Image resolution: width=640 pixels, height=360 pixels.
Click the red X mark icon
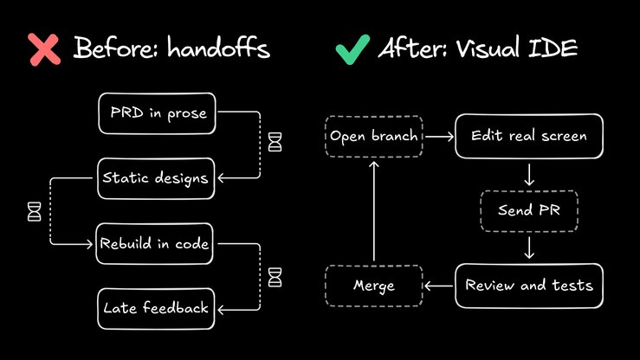44,49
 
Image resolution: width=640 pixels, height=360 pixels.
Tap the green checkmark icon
352,49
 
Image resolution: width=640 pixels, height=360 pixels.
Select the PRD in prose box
157,113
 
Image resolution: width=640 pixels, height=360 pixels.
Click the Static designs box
157,178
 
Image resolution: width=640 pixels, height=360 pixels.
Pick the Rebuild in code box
155,244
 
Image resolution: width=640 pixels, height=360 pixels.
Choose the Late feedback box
157,309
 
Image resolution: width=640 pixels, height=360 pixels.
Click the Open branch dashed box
374,136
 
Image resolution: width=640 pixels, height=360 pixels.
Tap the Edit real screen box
529,136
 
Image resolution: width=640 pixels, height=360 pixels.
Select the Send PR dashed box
529,211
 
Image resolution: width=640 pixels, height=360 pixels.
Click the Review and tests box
529,286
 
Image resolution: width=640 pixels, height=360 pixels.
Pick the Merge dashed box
374,286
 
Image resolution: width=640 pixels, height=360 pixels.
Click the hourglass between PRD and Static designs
275,142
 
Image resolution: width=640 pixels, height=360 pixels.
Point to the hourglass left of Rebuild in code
35,212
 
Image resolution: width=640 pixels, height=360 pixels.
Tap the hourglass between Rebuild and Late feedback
275,277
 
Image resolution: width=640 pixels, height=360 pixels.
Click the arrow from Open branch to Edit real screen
439,137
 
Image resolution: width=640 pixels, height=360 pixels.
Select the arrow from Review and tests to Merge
439,286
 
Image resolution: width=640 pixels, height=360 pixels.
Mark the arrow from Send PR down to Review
529,247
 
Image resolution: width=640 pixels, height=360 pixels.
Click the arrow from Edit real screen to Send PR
529,175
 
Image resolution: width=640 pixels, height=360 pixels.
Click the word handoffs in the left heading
218,48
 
